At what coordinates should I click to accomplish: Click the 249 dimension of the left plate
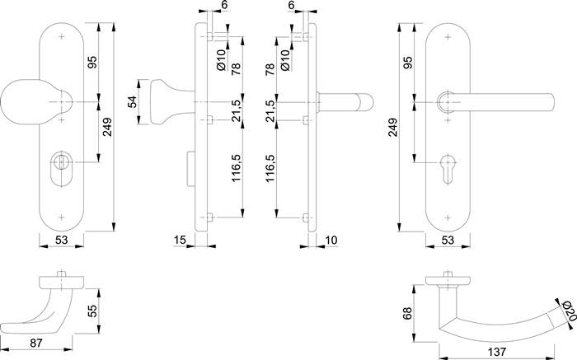pos(107,126)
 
